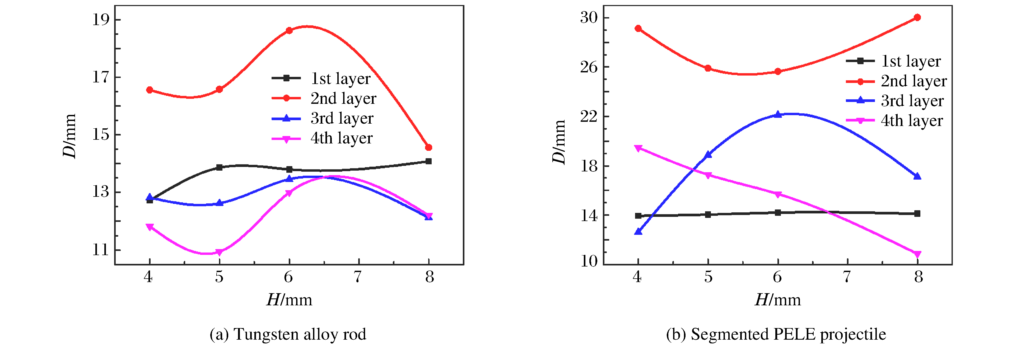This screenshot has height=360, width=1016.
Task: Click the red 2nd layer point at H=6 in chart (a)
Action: tap(289, 30)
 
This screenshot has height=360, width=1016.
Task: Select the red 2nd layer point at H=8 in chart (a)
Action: tap(429, 147)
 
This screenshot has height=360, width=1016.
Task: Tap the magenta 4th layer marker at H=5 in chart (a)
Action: tap(219, 252)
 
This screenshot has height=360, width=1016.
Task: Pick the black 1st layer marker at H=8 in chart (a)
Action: tap(429, 161)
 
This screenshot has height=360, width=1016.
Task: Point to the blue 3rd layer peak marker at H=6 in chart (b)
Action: tap(778, 114)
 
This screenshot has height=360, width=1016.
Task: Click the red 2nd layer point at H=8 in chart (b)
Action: tap(917, 17)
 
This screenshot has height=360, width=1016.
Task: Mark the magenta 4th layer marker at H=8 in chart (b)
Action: tap(917, 254)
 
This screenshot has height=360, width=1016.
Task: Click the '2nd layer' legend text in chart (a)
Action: tap(343, 99)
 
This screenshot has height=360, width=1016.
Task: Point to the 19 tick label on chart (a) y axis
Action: tap(101, 20)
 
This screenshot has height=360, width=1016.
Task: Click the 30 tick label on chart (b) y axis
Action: tap(589, 18)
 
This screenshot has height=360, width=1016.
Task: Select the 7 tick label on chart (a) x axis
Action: tap(358, 277)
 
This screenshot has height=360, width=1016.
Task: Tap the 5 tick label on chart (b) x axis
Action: tap(708, 277)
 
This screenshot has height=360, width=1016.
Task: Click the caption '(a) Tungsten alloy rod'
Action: tap(288, 334)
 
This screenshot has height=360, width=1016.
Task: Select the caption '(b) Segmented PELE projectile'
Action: tap(776, 334)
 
